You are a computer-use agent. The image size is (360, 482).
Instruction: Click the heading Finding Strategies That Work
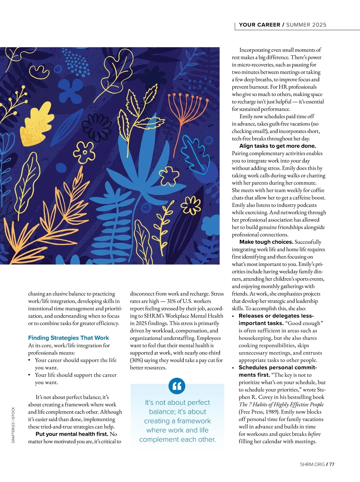coord(68,338)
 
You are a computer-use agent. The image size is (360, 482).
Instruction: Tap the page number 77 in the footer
coord(331,465)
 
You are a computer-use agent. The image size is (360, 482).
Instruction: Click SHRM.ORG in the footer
coord(312,465)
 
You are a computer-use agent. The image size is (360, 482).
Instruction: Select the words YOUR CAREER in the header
coord(259,25)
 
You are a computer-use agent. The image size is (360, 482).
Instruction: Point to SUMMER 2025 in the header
coord(306,25)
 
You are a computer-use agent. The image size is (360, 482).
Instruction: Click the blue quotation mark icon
coord(177,386)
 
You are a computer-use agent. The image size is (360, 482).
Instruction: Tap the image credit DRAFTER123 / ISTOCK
coord(13,425)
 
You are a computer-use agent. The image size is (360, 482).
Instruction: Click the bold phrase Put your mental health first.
coord(72,434)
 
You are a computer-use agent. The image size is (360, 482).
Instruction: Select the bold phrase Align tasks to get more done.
coord(277,146)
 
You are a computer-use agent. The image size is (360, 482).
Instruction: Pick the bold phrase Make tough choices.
coord(266,242)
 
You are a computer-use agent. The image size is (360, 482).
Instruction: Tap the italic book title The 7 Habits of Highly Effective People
coord(281,405)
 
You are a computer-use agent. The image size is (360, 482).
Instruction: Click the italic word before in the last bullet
coord(314,434)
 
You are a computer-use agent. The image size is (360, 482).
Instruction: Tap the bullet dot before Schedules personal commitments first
coord(233,368)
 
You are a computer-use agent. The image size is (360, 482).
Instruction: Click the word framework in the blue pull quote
coord(194,421)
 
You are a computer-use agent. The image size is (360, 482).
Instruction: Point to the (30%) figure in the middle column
coord(136,360)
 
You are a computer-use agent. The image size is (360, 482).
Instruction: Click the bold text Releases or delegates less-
coord(276,316)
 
